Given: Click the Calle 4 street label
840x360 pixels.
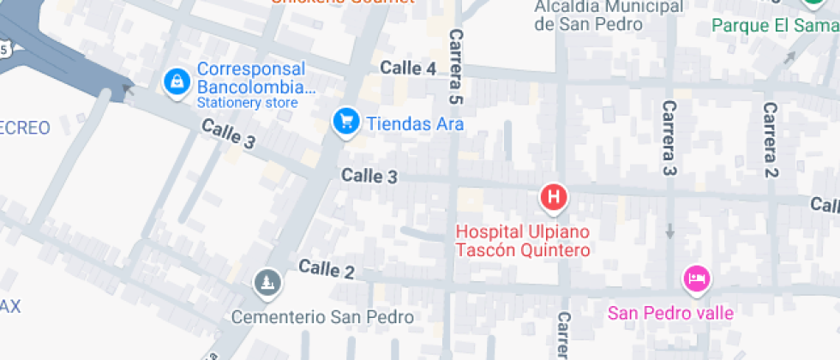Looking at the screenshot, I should pos(408,69).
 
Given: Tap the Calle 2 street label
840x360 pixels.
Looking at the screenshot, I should pos(327,271).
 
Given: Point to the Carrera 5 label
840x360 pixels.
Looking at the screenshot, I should pos(457,65).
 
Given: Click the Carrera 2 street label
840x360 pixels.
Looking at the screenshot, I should pos(771,140).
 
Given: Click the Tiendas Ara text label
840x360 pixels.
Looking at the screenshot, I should pos(415,124).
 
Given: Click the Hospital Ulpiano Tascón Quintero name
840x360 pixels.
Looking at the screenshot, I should pos(523,241).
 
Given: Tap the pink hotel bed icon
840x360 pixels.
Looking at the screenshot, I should pos(696,278).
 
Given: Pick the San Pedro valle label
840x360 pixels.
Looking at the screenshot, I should pos(670,313).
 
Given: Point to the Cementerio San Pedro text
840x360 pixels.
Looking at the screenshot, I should pos(322,317).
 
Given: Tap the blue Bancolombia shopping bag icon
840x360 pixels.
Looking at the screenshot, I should pos(177,81).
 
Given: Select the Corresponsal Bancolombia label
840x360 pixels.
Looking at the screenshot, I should pos(251,78).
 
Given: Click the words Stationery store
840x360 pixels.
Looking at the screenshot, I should pos(247,103).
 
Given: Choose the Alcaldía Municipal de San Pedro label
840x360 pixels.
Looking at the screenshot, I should pos(609,15).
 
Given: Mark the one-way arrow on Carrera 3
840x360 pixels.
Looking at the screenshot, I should pos(669,231).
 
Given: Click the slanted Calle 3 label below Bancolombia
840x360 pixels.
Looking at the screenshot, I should pos(229,135).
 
